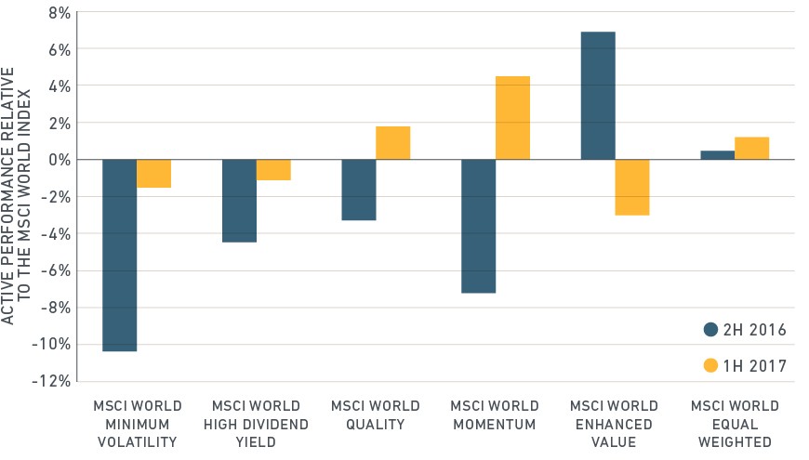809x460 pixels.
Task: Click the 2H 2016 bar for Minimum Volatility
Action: [120, 256]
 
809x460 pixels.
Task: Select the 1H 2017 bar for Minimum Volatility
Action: [153, 173]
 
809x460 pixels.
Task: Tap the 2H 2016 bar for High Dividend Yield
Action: [239, 201]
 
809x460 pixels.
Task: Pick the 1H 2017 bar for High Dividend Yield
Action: [273, 170]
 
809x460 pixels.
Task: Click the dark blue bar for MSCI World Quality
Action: [359, 190]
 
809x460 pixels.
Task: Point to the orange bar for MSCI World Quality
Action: [393, 143]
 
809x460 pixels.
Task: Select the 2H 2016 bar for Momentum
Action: [479, 226]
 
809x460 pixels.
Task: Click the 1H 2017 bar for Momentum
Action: [513, 118]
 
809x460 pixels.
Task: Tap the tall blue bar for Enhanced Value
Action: [598, 96]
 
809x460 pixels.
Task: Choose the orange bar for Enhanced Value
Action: [632, 187]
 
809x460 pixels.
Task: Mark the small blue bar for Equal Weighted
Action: [718, 154]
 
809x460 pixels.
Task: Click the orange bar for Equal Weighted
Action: [751, 148]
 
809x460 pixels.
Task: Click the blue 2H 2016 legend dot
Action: [711, 330]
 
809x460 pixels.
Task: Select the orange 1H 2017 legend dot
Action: [711, 365]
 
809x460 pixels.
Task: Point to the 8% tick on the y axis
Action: [60, 13]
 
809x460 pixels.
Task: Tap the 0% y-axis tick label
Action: [60, 160]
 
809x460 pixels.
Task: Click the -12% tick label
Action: [51, 381]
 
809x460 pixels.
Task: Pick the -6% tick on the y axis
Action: [56, 270]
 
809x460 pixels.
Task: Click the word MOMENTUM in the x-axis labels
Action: [495, 425]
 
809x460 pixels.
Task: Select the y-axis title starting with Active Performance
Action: [16, 196]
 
